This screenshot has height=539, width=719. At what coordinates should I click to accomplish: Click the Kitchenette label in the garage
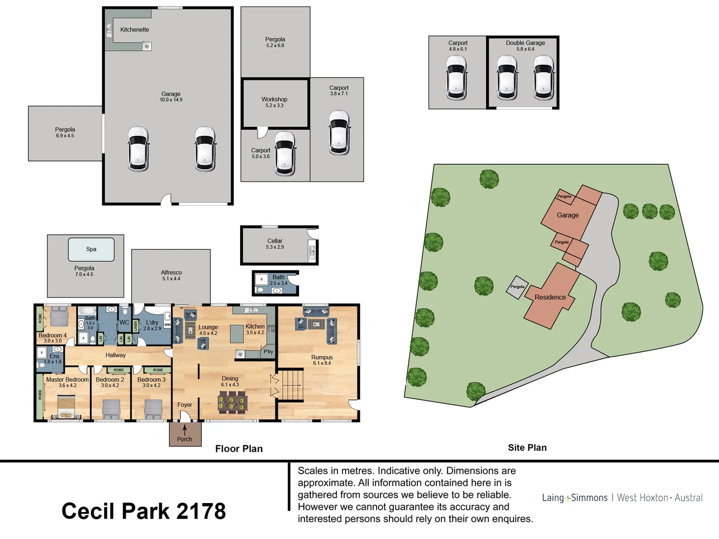point(134,30)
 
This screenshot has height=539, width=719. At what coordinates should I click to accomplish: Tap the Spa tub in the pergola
point(91,249)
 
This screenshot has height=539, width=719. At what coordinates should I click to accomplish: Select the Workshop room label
point(274,99)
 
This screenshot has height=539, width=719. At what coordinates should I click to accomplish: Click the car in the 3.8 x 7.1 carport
point(339,133)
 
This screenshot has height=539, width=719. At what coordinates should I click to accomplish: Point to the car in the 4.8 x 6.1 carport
point(456,77)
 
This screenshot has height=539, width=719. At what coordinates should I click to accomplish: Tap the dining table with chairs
point(232,402)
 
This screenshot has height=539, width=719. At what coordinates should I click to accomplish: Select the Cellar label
point(275,241)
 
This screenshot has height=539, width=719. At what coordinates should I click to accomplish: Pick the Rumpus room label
point(322,357)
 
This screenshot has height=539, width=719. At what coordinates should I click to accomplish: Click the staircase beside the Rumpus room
point(290,384)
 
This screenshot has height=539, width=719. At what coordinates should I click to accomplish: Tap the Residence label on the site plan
point(550,297)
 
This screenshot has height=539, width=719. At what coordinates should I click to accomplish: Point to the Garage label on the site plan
point(568,215)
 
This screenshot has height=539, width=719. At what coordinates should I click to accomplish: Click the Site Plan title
point(527,448)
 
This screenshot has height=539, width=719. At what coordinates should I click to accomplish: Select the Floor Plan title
point(239,449)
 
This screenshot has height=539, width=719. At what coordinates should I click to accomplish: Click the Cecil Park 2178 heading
point(144,511)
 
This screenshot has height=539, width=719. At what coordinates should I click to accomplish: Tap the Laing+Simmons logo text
point(575,498)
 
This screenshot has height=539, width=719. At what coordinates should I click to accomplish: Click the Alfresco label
point(171,272)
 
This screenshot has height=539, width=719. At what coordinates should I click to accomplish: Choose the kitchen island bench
point(236,334)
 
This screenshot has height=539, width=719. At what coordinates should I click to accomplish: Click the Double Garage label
point(525,43)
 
